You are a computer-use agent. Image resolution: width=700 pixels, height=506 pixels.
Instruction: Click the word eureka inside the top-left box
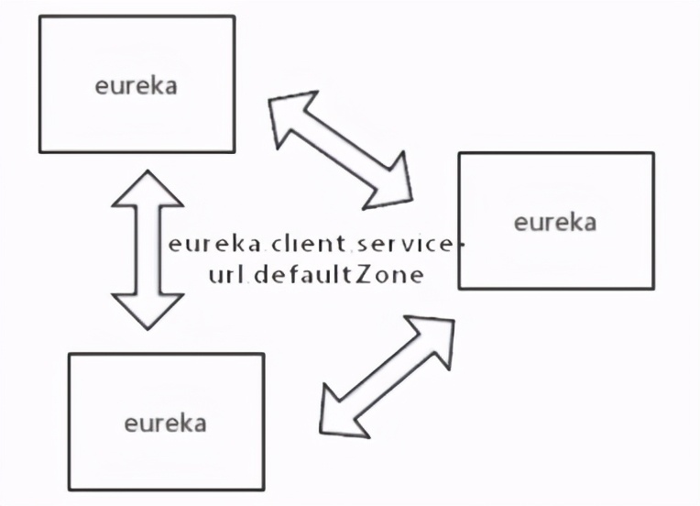pos(136,86)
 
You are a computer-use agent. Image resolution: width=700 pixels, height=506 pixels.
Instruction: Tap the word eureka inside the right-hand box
pos(554,222)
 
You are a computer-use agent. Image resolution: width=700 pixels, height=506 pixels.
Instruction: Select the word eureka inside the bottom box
pos(165,423)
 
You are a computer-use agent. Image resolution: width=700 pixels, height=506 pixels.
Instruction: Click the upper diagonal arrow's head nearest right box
pos(392,189)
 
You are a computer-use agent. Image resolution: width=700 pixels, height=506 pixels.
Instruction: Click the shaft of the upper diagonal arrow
pos(341,152)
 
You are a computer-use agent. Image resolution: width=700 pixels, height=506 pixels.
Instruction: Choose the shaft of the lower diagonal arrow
pos(385,372)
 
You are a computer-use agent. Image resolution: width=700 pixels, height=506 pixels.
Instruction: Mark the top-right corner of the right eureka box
pos(653,153)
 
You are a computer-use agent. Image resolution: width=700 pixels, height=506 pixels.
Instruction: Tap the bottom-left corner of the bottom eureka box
pos(70,489)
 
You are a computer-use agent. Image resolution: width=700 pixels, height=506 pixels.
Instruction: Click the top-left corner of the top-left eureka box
pos(39,16)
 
